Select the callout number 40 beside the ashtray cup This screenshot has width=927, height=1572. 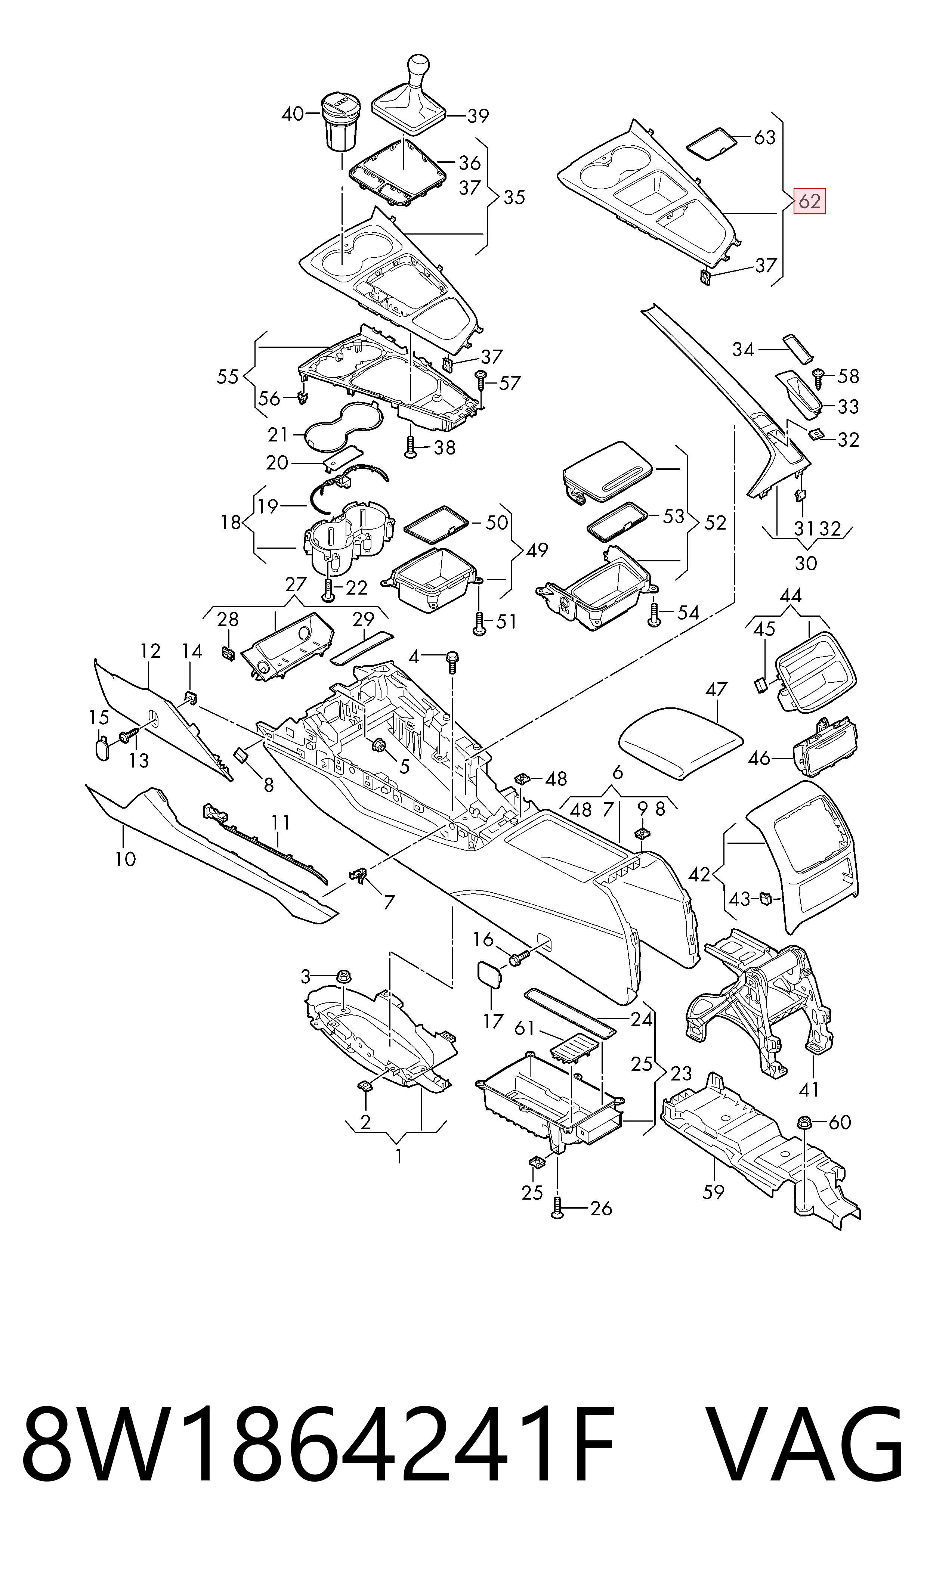pos(292,114)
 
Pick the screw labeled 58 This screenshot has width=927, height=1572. pos(818,376)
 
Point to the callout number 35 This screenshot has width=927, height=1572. pos(514,198)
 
